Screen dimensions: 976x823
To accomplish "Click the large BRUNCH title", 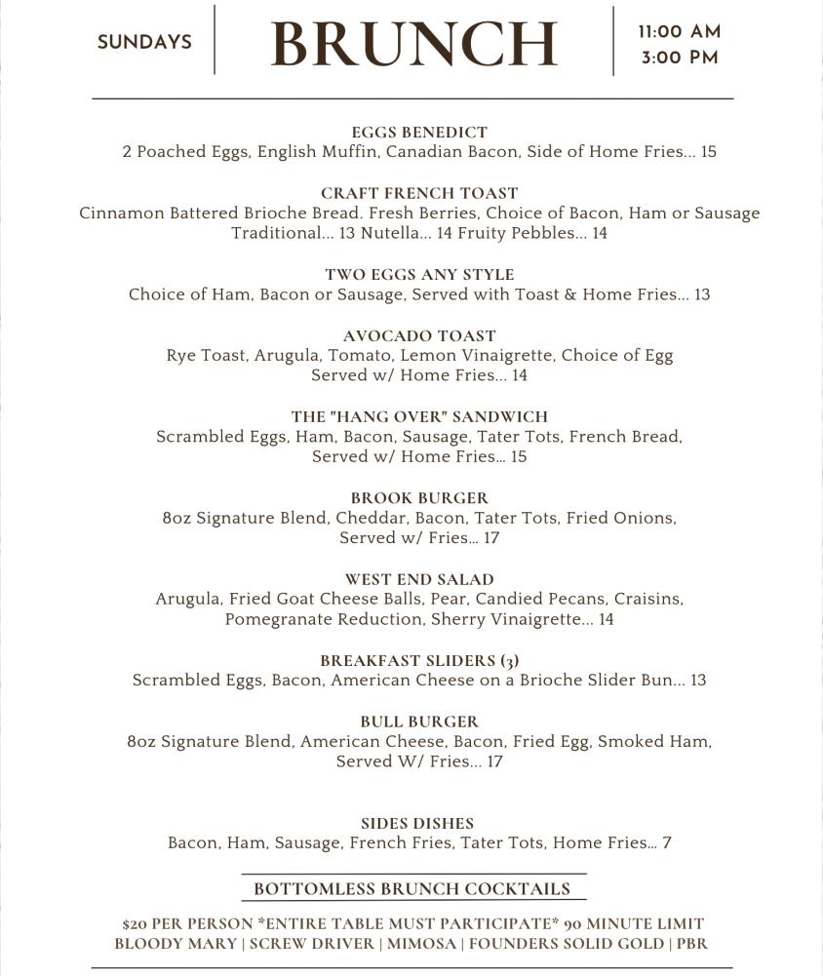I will point(412,44).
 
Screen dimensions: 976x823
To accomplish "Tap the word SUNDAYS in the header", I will point(144,43).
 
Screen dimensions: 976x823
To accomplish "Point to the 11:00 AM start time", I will point(680,32).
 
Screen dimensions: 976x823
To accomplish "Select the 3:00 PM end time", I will point(680,59).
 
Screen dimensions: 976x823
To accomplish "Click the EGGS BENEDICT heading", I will point(419,133).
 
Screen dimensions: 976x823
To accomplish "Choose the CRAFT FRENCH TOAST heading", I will point(419,193).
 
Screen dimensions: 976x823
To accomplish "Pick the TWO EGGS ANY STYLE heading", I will point(419,275).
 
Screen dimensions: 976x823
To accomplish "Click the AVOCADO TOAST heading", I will point(419,336).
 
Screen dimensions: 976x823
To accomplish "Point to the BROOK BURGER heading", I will point(419,498).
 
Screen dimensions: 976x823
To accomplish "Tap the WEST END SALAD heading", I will point(419,579).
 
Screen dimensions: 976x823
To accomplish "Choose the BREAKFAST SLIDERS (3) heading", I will point(419,660).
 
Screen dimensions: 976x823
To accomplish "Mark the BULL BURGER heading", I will point(419,722).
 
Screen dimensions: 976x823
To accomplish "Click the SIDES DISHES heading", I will point(417,824).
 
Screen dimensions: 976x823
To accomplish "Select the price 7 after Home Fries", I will point(667,843).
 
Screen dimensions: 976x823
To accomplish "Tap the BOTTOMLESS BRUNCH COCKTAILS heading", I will point(411,889).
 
